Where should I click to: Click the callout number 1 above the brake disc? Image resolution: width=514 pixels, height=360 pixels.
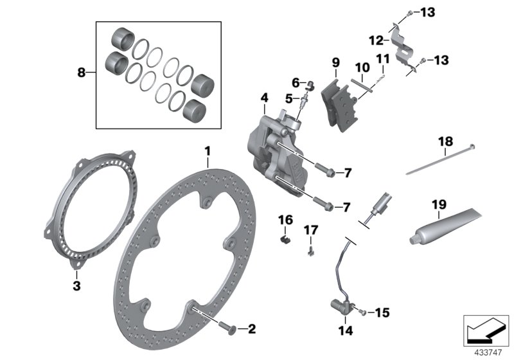click(x=208, y=150)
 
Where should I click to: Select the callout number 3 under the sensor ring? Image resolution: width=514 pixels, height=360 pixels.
click(x=76, y=285)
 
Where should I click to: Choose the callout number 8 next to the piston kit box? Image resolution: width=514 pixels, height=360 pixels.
click(x=82, y=73)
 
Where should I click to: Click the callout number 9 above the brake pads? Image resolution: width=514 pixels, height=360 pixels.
click(x=335, y=62)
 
